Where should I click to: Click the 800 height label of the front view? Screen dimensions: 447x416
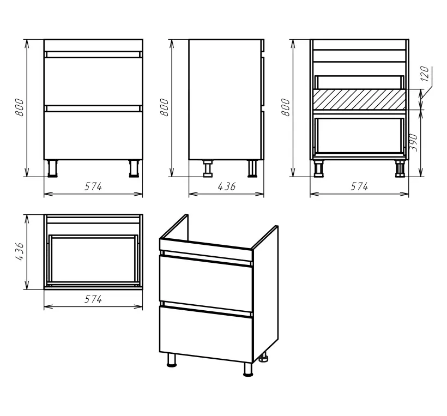pyautogui.click(x=20, y=107)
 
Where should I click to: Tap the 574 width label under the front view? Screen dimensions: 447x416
pyautogui.click(x=93, y=186)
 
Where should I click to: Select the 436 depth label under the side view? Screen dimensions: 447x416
pyautogui.click(x=227, y=186)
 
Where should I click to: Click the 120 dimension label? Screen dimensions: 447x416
pyautogui.click(x=425, y=74)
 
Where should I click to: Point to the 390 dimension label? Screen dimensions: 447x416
pyautogui.click(x=414, y=142)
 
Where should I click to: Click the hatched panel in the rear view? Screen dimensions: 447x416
pyautogui.click(x=359, y=99)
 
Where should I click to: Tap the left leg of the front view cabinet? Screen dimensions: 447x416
pyautogui.click(x=52, y=168)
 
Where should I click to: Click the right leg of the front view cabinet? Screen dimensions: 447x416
pyautogui.click(x=134, y=168)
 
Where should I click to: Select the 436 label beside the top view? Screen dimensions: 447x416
pyautogui.click(x=20, y=251)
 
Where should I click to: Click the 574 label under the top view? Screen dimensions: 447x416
pyautogui.click(x=93, y=299)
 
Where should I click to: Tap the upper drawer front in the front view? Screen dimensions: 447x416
pyautogui.click(x=93, y=82)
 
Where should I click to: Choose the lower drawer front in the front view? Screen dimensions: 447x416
pyautogui.click(x=93, y=135)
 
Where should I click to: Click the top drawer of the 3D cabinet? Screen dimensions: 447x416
pyautogui.click(x=206, y=283)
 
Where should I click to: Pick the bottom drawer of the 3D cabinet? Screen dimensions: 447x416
pyautogui.click(x=206, y=334)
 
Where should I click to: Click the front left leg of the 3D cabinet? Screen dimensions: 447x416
pyautogui.click(x=172, y=360)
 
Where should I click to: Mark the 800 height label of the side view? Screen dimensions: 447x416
pyautogui.click(x=164, y=107)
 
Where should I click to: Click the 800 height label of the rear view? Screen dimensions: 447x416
pyautogui.click(x=285, y=107)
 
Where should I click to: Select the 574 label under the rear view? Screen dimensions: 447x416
pyautogui.click(x=359, y=186)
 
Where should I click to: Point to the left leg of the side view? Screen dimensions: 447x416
pyautogui.click(x=207, y=168)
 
